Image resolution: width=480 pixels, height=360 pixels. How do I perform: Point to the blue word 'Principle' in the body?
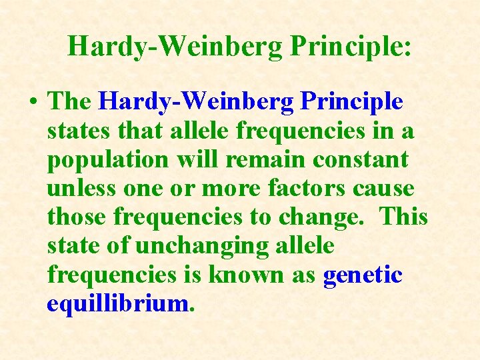[351, 102]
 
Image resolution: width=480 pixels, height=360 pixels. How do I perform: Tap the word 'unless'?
[81, 189]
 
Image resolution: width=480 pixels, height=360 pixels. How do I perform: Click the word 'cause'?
[384, 189]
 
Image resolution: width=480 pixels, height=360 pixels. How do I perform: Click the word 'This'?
[404, 217]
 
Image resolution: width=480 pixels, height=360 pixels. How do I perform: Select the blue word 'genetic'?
[363, 275]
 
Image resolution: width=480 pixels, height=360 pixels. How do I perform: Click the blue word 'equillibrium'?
[118, 304]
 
